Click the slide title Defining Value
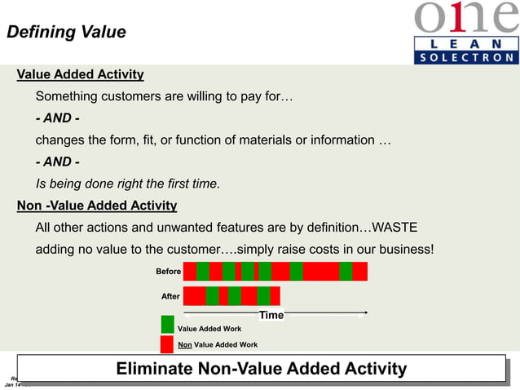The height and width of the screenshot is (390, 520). pos(66,33)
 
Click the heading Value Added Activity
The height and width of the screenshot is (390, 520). pos(81,75)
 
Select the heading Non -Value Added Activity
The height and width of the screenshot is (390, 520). pos(97,206)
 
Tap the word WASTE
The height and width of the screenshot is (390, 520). pos(394,227)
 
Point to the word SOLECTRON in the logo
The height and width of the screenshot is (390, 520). pos(466,58)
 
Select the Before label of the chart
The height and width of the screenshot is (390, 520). pos(169,272)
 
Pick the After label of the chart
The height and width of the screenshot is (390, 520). pos(170,296)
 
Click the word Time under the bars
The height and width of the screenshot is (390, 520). pos(271,315)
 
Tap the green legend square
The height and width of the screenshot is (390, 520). pos(167,325)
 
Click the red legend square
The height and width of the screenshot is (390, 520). pos(167,344)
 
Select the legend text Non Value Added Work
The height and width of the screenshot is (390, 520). pos(218,345)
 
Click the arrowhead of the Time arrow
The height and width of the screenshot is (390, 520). pos(365,312)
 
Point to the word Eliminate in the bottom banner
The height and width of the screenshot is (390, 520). pos(155,369)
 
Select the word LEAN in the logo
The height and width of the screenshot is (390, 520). pos(466,42)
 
